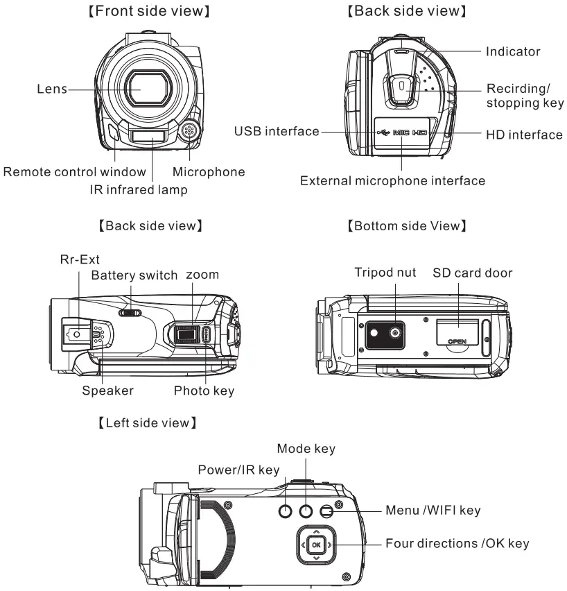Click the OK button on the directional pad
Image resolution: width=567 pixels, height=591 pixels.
(x=316, y=545)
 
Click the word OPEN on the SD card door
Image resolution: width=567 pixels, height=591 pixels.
(x=457, y=342)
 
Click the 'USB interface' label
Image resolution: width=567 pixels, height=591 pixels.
(x=277, y=130)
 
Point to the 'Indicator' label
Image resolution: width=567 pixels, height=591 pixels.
(x=514, y=51)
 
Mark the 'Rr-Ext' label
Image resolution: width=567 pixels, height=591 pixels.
(x=79, y=259)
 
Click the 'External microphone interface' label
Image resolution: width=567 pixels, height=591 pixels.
(x=392, y=181)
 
